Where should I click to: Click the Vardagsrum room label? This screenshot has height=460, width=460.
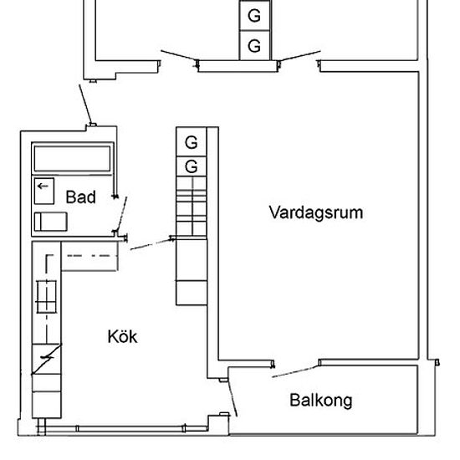[315, 212]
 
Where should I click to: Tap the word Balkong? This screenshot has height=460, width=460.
[320, 401]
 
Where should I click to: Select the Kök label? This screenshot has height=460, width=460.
[122, 337]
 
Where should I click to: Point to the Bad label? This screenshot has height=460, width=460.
[81, 197]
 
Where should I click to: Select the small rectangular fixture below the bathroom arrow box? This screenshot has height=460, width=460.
[50, 222]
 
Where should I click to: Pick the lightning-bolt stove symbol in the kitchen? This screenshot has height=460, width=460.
[47, 359]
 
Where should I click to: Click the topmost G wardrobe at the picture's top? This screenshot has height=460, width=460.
[254, 16]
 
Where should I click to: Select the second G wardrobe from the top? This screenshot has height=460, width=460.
[254, 45]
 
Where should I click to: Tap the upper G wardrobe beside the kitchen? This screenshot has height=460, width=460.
[191, 141]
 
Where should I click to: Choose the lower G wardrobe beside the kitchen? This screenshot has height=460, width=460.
[191, 166]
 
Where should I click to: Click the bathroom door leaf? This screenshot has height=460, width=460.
[121, 213]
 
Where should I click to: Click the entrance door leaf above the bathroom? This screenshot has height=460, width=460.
[85, 104]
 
